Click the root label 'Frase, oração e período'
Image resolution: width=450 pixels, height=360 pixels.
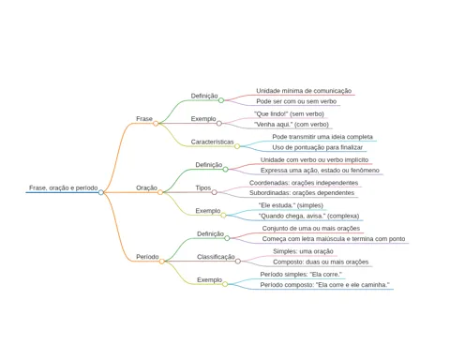pos(64,187)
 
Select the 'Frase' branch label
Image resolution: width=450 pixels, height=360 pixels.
pos(144,119)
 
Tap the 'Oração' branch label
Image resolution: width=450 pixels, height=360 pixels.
pos(146,187)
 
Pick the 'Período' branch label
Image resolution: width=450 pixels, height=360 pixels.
pos(147,257)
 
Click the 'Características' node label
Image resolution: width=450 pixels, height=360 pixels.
pos(212,142)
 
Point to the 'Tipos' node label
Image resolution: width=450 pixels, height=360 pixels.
pos(203,187)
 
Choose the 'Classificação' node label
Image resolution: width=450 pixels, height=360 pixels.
pos(216,257)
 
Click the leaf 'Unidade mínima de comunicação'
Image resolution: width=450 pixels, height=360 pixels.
pos(304,91)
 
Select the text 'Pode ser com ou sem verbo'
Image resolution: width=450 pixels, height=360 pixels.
pos(296,101)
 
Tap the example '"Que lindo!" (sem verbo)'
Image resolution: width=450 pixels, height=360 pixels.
pos(289,113)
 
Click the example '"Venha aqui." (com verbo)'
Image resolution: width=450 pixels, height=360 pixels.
pos(292,125)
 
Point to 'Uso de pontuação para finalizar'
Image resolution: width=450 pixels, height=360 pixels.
pos(317,147)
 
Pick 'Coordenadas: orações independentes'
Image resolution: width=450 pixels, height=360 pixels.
pos(304,183)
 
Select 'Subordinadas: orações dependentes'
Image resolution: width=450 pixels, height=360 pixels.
pos(302,193)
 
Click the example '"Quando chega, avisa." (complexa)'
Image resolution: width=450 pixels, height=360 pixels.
pos(308,216)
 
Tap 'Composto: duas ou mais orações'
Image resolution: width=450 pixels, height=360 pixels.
pos(321,262)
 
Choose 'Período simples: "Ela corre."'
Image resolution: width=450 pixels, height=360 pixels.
pos(301,275)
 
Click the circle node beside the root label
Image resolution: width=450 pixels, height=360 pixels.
pos(100,192)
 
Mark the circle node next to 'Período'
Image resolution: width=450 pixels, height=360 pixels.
pos(161,262)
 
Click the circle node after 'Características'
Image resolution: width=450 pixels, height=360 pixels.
pos(237,146)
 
